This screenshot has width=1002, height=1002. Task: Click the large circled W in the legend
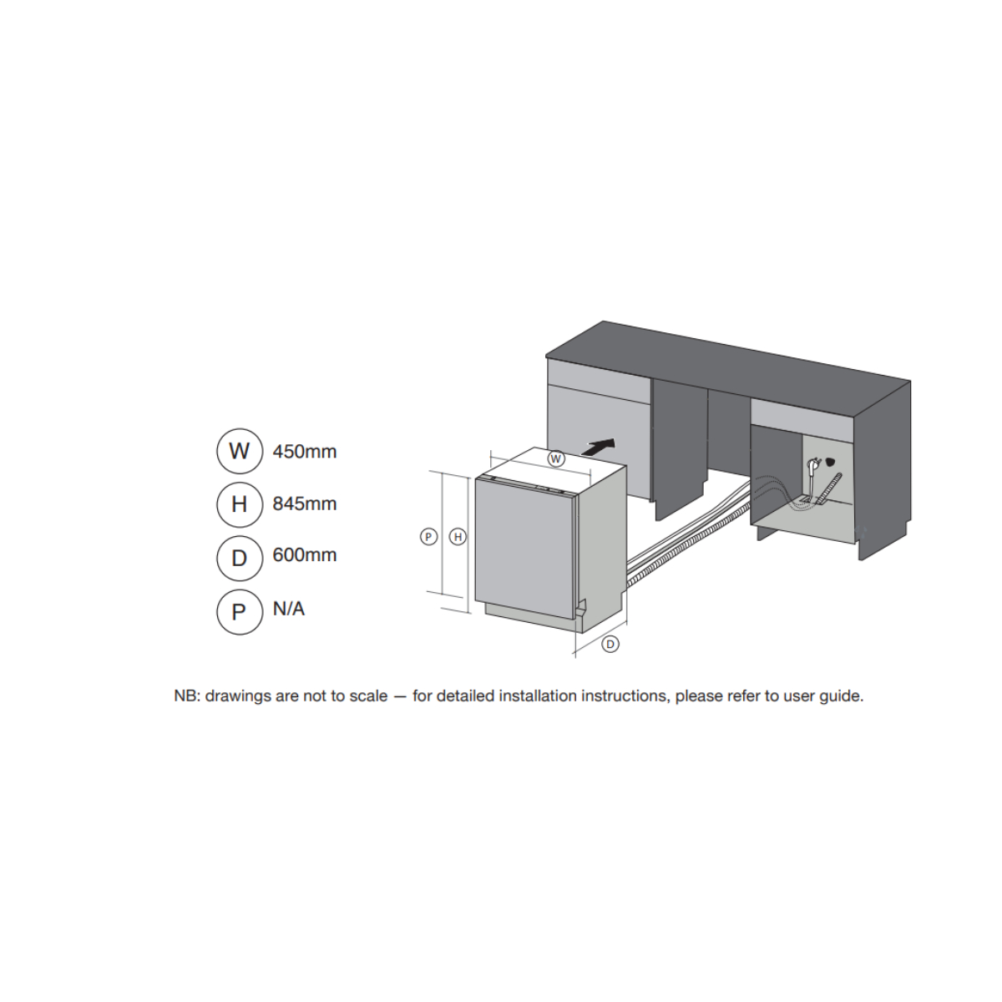coord(239,452)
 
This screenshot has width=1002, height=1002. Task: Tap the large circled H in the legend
coord(239,504)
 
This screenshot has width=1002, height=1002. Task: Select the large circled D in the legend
coord(239,559)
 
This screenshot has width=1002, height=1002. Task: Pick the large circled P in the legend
coord(239,612)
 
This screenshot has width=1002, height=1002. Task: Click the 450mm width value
coord(305,452)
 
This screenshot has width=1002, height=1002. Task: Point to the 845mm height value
coord(305,504)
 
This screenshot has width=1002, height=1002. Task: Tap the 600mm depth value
coord(305,554)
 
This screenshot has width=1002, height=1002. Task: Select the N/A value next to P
coord(289,609)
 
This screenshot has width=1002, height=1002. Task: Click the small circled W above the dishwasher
coord(556,459)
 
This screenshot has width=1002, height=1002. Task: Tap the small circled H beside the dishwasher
coord(458,537)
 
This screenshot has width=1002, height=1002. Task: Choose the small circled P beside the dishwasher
coord(428,537)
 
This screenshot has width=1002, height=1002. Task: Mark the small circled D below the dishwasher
coord(610,645)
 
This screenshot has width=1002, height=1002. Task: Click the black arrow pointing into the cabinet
coord(599,448)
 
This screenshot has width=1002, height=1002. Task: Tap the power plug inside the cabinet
coord(813,467)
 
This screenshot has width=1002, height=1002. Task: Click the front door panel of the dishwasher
coord(524,548)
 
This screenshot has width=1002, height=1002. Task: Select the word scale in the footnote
coord(368,696)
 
